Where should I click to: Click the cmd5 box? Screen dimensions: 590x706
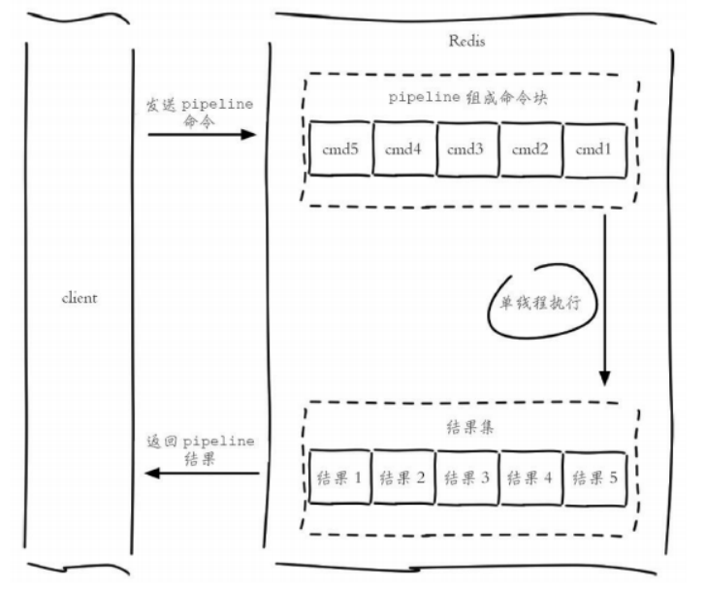tap(340, 149)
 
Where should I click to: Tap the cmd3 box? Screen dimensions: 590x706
tap(467, 149)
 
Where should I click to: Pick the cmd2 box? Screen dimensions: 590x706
tap(531, 149)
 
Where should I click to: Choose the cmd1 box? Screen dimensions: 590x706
tap(593, 149)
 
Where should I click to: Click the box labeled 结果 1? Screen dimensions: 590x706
tap(340, 477)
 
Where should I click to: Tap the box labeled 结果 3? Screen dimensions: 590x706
tap(467, 477)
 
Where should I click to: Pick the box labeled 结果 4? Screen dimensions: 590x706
tap(531, 477)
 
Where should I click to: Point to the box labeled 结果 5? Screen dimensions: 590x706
tap(593, 477)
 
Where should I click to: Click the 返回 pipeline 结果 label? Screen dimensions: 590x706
tap(198, 447)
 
